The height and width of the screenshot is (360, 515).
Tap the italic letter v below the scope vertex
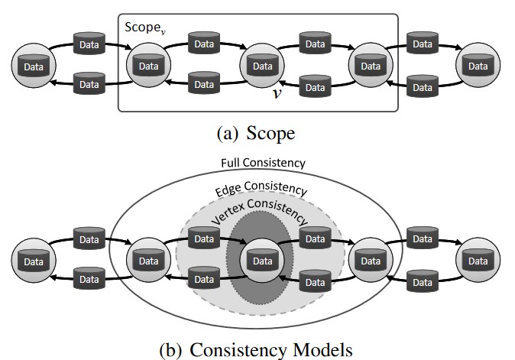[280, 94]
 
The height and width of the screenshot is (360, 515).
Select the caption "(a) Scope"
[256, 133]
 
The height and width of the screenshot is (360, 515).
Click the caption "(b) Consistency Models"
[256, 349]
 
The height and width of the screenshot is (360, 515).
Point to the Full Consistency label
[263, 164]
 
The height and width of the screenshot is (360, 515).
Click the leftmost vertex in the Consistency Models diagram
[33, 260]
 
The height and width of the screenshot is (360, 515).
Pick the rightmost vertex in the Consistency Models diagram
[478, 260]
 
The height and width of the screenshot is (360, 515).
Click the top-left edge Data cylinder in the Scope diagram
[90, 44]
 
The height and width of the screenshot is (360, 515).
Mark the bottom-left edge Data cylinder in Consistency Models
[90, 280]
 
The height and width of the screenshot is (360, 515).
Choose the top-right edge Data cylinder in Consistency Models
[424, 239]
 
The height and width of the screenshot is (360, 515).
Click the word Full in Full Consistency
[232, 164]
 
